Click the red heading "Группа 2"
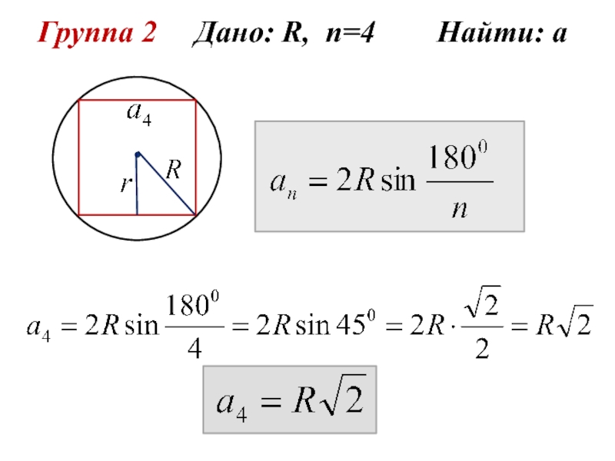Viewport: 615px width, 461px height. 98,34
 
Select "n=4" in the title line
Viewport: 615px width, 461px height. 347,34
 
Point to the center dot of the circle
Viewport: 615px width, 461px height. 137,155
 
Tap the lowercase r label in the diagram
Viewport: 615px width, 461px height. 125,184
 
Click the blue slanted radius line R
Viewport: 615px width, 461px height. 165,184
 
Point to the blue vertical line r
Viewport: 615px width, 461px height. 137,188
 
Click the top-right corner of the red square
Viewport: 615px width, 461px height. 195,100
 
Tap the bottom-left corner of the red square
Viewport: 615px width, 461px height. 79,214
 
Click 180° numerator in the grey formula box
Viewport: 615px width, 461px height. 458,161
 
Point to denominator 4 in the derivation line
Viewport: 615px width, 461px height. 194,349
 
